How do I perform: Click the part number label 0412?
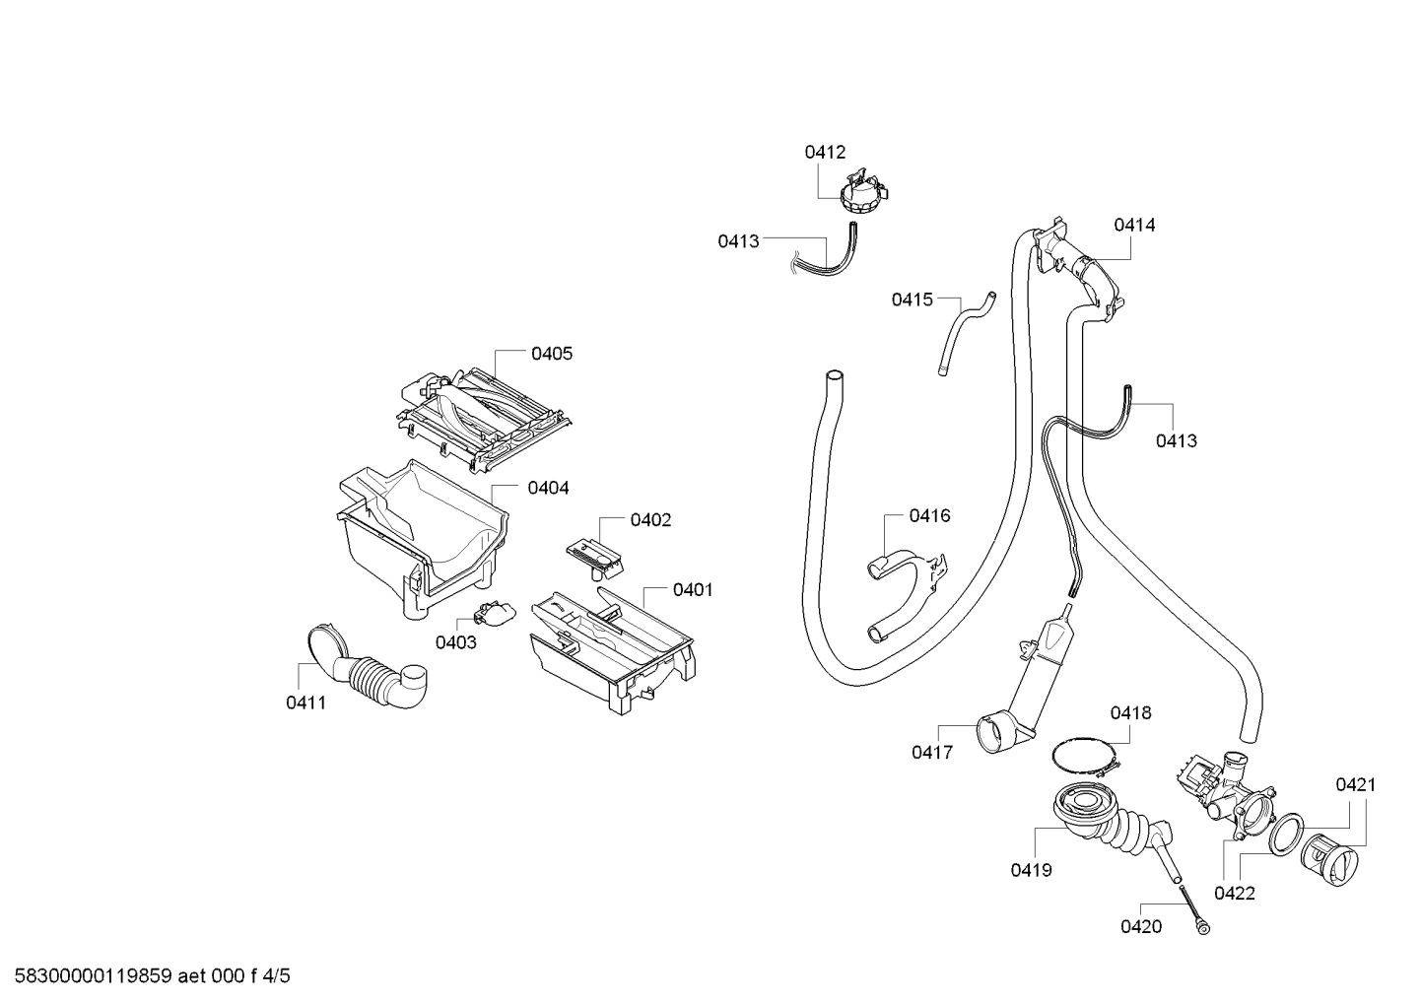click(x=825, y=152)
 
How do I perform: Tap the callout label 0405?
click(x=551, y=354)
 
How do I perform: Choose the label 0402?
click(x=650, y=520)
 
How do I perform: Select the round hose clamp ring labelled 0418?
click(x=1085, y=756)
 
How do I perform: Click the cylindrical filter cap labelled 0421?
click(x=1329, y=859)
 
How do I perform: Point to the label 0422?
click(x=1235, y=894)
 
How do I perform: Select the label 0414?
click(x=1134, y=226)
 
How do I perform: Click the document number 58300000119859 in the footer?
click(x=93, y=976)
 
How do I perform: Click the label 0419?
click(x=1031, y=870)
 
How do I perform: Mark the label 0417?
click(x=932, y=753)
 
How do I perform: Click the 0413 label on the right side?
click(x=1177, y=440)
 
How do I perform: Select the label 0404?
click(x=548, y=488)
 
